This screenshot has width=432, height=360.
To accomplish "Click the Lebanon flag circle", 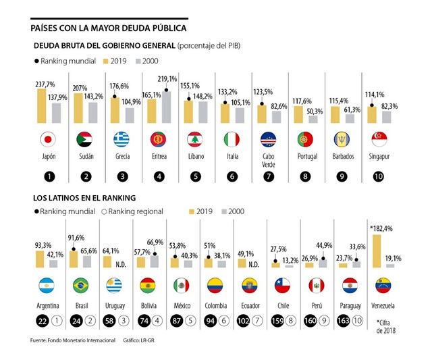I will (x=194, y=140).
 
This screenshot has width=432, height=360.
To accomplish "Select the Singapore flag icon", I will (x=379, y=140).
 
